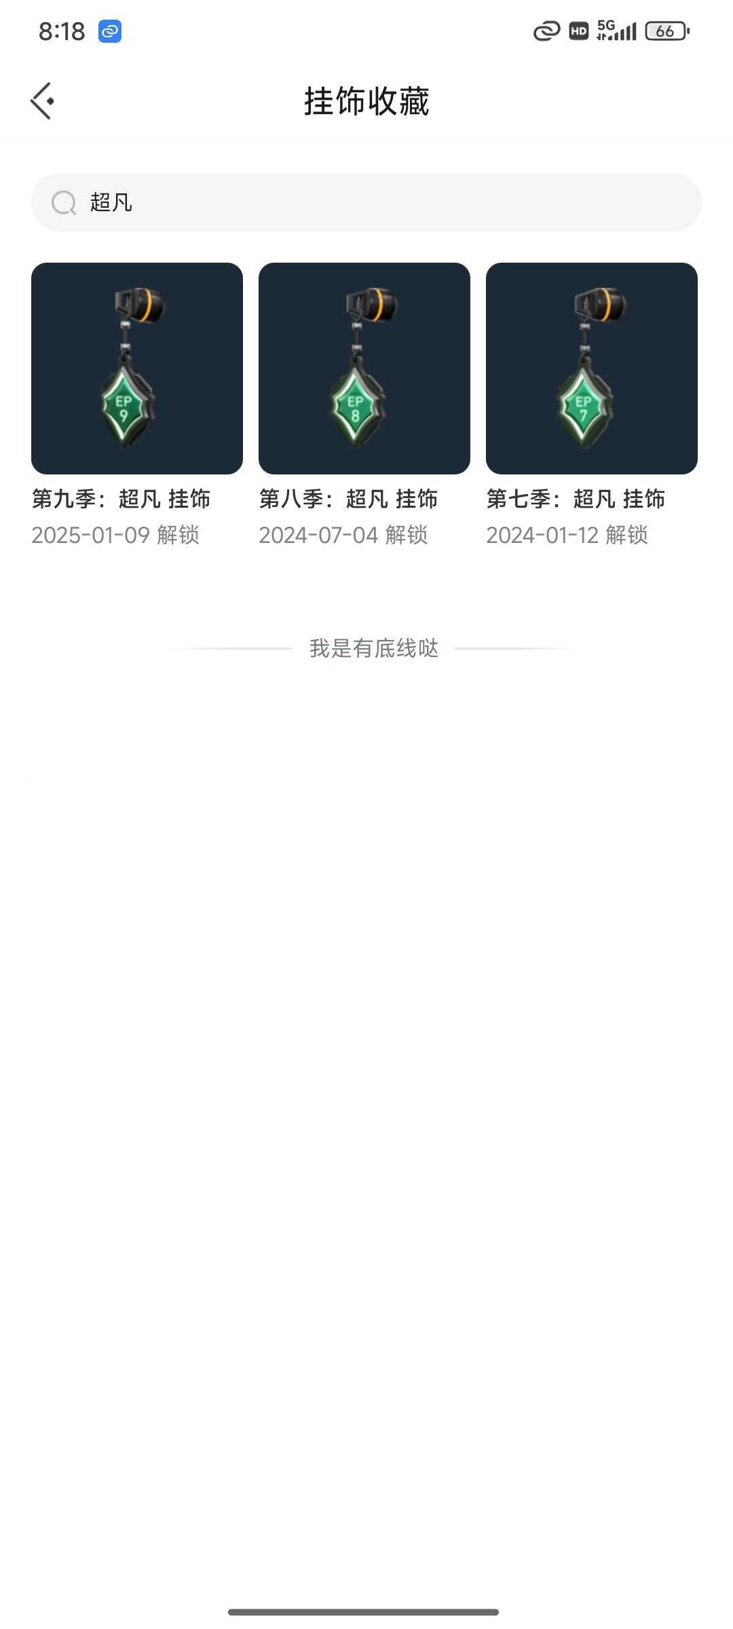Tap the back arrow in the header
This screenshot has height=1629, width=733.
[x=41, y=101]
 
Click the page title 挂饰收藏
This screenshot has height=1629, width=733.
[x=366, y=102]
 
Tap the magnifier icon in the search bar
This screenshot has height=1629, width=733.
[x=64, y=202]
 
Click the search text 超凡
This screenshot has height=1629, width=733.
[x=111, y=202]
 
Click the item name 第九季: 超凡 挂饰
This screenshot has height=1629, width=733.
[x=121, y=499]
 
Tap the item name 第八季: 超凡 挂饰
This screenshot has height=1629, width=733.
[x=348, y=499]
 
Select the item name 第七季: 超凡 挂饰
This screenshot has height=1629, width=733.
[x=576, y=499]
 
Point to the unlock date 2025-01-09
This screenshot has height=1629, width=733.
[x=90, y=535]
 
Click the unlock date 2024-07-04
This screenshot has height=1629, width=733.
[x=318, y=535]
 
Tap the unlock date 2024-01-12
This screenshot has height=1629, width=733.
[x=542, y=535]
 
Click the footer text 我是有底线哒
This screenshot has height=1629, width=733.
[x=374, y=648]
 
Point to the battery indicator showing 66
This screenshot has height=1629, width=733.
[x=667, y=31]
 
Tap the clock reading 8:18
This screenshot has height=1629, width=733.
[x=62, y=31]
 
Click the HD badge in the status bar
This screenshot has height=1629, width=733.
[x=578, y=31]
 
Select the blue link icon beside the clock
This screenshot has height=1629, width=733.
[x=110, y=31]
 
